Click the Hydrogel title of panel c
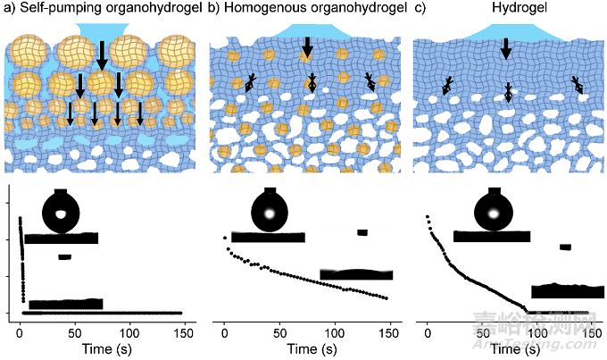(x=506, y=9)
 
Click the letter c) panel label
(x=420, y=9)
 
